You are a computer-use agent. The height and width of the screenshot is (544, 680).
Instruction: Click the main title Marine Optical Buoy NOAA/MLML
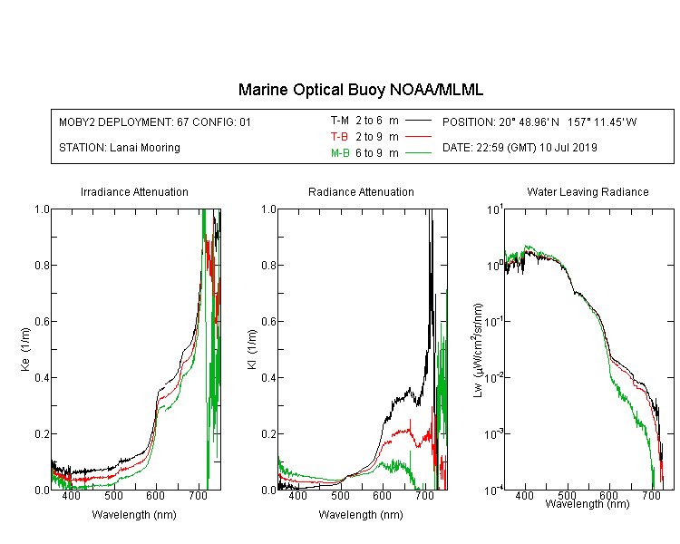(360, 90)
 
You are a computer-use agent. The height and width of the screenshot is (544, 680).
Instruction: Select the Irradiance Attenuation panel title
(134, 191)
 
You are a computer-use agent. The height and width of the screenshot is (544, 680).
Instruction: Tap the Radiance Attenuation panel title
(361, 191)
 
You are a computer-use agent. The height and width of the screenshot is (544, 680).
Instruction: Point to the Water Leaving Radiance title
(588, 191)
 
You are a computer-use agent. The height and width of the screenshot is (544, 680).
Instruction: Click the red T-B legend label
(339, 137)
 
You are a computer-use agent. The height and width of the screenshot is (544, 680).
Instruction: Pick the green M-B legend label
(340, 153)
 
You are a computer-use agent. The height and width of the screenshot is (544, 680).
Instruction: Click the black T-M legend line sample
(419, 121)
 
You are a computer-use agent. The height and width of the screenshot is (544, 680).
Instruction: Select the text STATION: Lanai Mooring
(120, 148)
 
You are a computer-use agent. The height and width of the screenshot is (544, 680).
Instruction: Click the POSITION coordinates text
(539, 121)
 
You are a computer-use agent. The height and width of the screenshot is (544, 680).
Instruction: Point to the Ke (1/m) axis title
(25, 349)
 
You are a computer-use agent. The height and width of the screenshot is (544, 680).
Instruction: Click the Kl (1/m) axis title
(252, 349)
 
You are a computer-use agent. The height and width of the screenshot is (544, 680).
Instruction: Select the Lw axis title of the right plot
(478, 350)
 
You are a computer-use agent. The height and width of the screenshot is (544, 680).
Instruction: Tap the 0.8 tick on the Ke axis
(42, 265)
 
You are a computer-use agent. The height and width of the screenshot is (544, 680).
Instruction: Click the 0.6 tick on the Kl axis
(268, 322)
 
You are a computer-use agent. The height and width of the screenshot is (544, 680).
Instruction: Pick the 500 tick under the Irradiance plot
(113, 495)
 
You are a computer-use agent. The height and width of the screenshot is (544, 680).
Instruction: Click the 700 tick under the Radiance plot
(424, 495)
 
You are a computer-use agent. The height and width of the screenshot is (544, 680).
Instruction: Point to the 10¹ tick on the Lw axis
(495, 210)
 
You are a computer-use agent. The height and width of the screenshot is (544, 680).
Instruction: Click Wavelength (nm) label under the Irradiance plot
(134, 515)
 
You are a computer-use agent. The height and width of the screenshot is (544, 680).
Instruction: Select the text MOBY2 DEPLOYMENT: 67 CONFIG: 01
(155, 121)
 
